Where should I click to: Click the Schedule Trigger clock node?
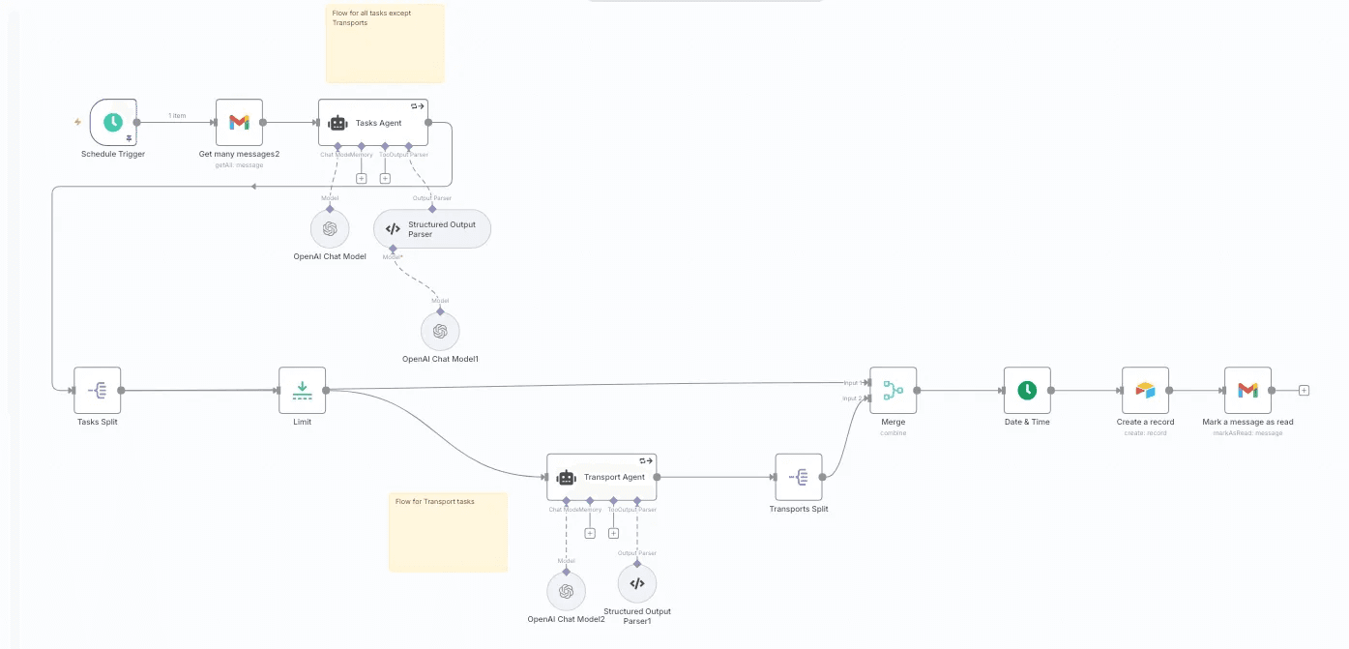113,123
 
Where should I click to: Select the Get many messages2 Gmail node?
239,123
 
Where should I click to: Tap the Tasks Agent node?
373,123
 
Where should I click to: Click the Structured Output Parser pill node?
432,229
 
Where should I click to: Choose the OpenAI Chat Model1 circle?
440,331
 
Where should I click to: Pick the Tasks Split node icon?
98,391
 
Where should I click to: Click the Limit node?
302,391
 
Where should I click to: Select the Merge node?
893,391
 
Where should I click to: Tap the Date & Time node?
1027,391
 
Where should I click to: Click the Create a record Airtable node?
1145,391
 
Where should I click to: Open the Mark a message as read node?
1247,391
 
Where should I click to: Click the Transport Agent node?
601,477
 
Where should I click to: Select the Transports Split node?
799,477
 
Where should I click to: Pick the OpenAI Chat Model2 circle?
566,591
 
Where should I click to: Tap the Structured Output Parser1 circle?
636,583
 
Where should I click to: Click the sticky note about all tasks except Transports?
385,44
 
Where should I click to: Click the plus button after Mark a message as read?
1304,391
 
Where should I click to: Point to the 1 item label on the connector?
177,116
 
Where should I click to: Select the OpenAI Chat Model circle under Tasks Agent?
330,229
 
